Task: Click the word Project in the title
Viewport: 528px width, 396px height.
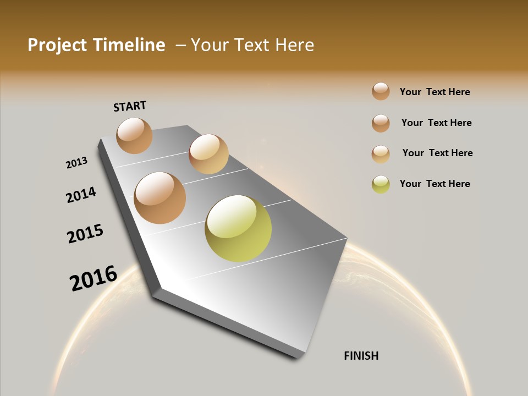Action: (57, 45)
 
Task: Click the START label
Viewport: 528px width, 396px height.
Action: (130, 106)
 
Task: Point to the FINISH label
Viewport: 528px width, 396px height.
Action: (361, 356)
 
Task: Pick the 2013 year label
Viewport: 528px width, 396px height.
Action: (77, 163)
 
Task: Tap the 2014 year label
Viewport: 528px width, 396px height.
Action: (81, 195)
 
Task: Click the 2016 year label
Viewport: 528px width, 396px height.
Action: (94, 278)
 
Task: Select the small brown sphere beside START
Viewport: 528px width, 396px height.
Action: (134, 135)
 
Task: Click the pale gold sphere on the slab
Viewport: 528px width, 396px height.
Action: (208, 153)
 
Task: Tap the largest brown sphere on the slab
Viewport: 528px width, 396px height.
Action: (160, 198)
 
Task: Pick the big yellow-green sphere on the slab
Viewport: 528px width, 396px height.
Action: (238, 228)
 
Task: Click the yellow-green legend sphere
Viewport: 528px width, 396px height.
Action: (381, 184)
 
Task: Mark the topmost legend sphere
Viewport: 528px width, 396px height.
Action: (381, 91)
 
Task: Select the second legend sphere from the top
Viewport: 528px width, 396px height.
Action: (381, 123)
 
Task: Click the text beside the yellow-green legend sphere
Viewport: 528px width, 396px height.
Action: (435, 184)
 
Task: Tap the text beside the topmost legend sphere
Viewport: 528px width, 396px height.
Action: (435, 92)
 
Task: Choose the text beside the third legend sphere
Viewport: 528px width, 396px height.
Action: (437, 153)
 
